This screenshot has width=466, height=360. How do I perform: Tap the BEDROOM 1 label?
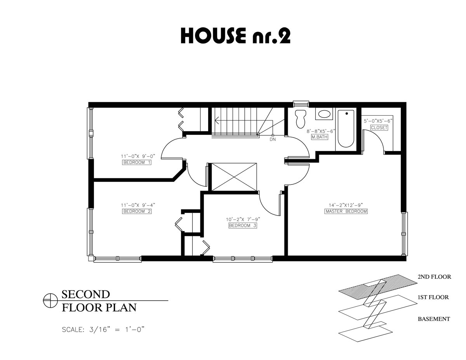[x=137, y=162]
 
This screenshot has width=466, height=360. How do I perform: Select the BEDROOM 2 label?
[x=137, y=211]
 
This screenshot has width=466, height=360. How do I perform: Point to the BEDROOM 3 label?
[x=243, y=226]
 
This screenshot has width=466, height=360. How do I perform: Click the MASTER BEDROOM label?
[x=346, y=211]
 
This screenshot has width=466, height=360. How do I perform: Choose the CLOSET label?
[x=379, y=127]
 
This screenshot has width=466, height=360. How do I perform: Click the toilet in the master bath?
[x=300, y=118]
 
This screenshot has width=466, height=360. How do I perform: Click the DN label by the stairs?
[x=273, y=139]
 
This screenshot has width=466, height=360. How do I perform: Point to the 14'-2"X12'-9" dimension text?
[x=346, y=205]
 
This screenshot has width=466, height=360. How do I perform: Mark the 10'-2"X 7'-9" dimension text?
[x=243, y=219]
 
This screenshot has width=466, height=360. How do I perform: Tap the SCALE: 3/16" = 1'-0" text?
[x=104, y=330]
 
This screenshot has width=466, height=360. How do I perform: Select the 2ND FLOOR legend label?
[x=434, y=277]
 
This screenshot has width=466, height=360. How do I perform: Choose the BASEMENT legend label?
[x=434, y=319]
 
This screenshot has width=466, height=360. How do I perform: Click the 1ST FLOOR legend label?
[x=433, y=297]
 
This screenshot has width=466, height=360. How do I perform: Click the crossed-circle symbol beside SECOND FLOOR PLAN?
[x=50, y=301]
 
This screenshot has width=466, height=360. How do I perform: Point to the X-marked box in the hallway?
[x=235, y=177]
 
